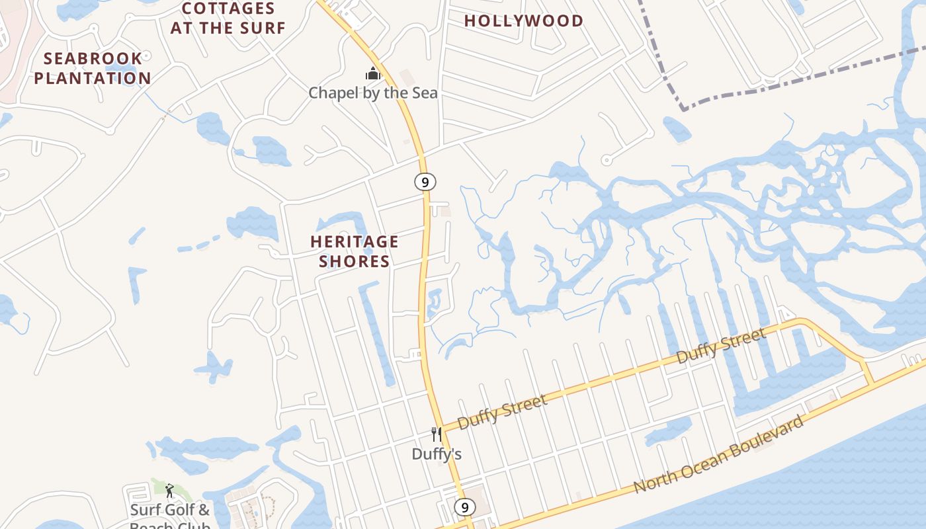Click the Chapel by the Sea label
point(373,93)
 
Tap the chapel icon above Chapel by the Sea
point(373,73)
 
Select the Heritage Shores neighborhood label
point(355,251)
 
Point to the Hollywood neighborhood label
point(523,20)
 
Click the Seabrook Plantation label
point(93,68)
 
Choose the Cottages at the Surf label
point(228,18)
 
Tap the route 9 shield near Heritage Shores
point(425,181)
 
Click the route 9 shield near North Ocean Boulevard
point(464,507)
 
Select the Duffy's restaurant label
point(437,454)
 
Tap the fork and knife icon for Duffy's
point(436,434)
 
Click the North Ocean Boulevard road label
point(720,454)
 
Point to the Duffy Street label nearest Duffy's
point(503,411)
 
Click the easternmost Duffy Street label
point(721,346)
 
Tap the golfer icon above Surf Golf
point(169,491)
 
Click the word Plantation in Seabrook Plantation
point(93,78)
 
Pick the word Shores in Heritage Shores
point(355,261)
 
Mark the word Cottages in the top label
point(228,9)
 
